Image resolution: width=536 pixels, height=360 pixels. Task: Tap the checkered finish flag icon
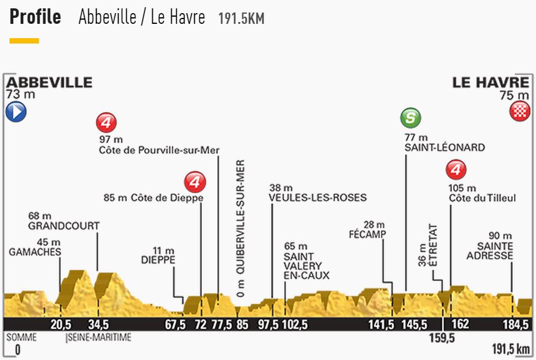(x=519, y=112)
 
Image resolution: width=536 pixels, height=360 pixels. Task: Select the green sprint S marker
(x=410, y=118)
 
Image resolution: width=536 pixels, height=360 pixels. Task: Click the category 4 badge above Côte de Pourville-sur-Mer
(x=106, y=123)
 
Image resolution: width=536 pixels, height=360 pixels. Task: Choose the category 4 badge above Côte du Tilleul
(x=456, y=171)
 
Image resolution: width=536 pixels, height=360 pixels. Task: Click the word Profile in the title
(x=35, y=17)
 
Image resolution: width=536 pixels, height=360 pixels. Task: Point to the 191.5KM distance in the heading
(x=241, y=18)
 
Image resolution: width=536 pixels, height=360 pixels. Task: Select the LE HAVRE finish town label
(x=491, y=82)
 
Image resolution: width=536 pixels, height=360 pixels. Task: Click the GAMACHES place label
(x=35, y=252)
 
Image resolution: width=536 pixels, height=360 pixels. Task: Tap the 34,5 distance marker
(x=98, y=325)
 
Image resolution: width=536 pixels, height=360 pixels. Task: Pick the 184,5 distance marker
(x=516, y=325)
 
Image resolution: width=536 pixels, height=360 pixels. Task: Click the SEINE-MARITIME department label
(x=98, y=338)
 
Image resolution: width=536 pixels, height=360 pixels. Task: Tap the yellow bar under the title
(x=24, y=41)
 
